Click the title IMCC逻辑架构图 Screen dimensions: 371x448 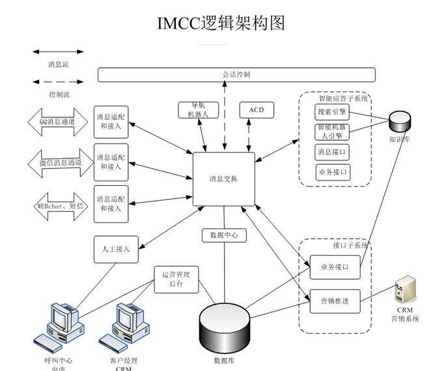click(x=222, y=23)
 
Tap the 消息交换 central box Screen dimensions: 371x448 click(x=223, y=179)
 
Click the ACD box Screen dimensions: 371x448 click(x=257, y=110)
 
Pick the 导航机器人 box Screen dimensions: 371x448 click(x=193, y=110)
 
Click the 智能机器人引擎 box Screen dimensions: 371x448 click(x=332, y=132)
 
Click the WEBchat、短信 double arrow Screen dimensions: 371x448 click(x=58, y=205)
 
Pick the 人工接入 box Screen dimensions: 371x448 click(x=116, y=249)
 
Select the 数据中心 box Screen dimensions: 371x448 click(x=224, y=235)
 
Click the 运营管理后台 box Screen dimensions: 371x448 click(x=176, y=280)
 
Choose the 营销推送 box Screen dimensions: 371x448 click(x=334, y=301)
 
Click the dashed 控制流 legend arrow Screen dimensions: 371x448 click(x=58, y=82)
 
